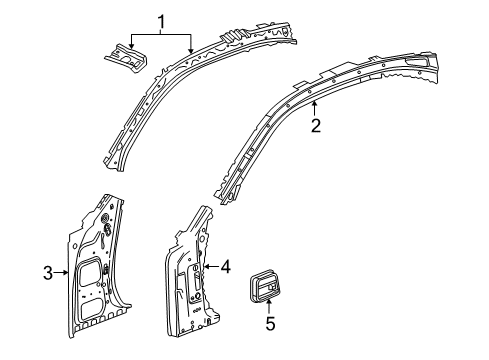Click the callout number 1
pyautogui.click(x=157, y=19)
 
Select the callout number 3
pyautogui.click(x=47, y=271)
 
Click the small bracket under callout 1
pyautogui.click(x=123, y=57)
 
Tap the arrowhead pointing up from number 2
pyautogui.click(x=313, y=104)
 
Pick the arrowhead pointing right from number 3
pyautogui.click(x=67, y=271)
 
